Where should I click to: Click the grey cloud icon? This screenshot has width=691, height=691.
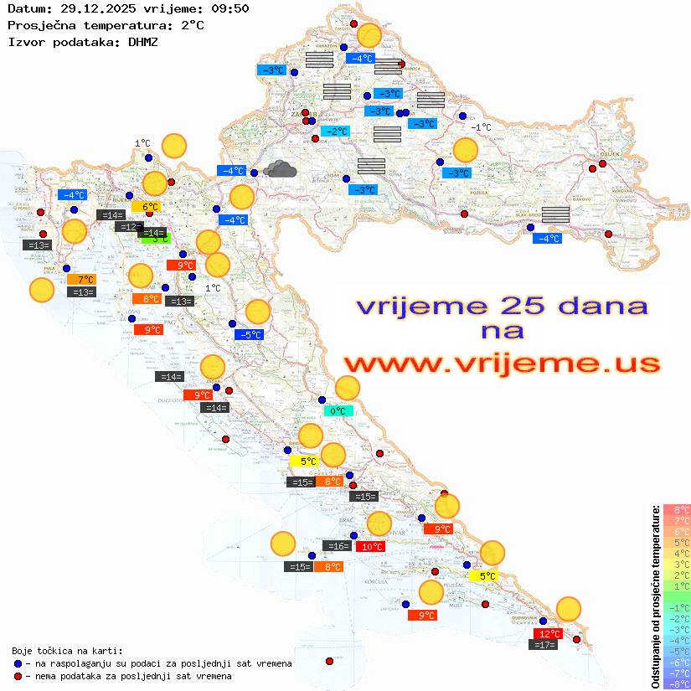click(279, 170)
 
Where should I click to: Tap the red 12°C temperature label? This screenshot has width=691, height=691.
click(549, 634)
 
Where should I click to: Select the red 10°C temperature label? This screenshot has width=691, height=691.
click(372, 547)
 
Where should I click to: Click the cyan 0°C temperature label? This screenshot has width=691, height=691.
click(338, 411)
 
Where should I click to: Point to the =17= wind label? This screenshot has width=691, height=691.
click(545, 645)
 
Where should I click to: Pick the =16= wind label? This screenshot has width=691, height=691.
click(338, 546)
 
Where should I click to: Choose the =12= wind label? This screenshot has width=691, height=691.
click(128, 227)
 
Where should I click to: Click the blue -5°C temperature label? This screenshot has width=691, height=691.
click(250, 335)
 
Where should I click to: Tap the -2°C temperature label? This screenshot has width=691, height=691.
click(336, 131)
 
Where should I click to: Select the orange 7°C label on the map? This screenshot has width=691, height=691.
click(85, 280)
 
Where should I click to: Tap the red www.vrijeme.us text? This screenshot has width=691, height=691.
click(501, 364)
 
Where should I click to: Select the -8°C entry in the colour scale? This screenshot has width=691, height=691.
click(677, 684)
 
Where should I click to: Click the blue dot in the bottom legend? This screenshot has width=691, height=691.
click(18, 663)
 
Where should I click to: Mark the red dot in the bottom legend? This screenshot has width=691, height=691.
click(18, 676)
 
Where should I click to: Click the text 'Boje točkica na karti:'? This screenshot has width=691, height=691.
click(67, 651)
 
